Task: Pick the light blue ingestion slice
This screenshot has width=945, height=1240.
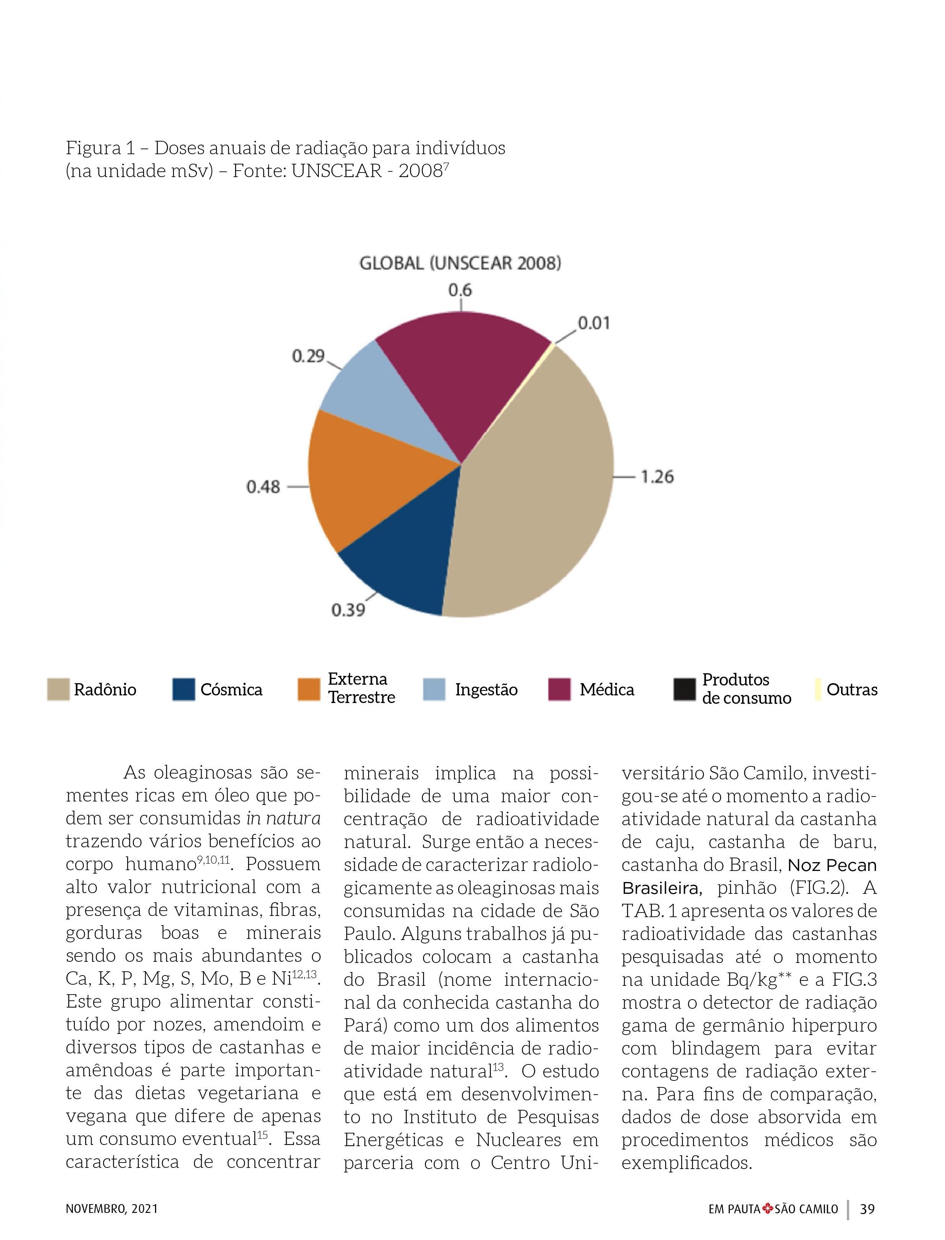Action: pos(383,399)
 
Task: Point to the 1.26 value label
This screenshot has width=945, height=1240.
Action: pos(657,477)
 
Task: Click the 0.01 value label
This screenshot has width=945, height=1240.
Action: pos(594,323)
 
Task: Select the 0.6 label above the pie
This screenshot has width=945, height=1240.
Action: pos(460,290)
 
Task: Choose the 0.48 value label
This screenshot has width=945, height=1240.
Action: pos(263,487)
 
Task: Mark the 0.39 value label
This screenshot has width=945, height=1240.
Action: pos(348,610)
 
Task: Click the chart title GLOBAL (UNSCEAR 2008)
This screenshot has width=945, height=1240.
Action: pos(460,264)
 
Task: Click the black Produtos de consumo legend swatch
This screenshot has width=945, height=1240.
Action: pos(684,690)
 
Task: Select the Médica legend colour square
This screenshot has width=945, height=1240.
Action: pos(559,690)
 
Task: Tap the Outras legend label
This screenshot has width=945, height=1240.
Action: pos(851,690)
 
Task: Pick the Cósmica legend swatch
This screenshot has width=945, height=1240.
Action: pos(183,690)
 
